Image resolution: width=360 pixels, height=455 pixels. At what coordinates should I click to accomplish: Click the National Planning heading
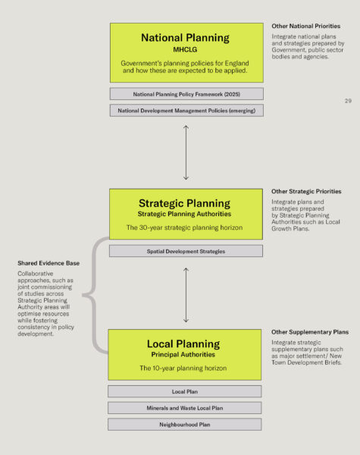(x=185, y=38)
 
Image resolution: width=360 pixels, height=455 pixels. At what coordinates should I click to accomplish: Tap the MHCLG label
(x=185, y=49)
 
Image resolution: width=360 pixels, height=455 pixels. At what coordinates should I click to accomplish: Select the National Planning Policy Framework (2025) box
(x=186, y=94)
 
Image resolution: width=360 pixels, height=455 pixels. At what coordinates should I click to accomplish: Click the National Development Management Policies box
(x=186, y=111)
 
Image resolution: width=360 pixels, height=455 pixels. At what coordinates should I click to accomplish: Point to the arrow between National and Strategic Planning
(x=186, y=152)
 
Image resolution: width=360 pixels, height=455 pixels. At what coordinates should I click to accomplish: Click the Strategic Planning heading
(x=184, y=203)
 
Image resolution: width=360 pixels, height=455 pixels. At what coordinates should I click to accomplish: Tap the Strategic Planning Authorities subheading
(x=184, y=214)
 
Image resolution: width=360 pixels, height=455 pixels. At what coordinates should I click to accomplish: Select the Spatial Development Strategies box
(x=186, y=251)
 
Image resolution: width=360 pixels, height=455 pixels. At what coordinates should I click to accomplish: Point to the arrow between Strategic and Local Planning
(x=186, y=295)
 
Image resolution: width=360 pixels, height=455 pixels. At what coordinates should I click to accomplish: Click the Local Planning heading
(x=183, y=344)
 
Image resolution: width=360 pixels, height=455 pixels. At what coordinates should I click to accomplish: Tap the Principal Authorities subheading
(x=183, y=355)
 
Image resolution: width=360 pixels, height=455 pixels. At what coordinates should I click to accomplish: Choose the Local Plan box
(x=184, y=391)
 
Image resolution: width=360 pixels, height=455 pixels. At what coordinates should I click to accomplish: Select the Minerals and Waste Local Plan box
(x=184, y=408)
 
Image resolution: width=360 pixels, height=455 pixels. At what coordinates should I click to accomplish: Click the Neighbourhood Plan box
(x=184, y=425)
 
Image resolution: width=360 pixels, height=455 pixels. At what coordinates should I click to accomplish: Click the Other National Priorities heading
(x=306, y=26)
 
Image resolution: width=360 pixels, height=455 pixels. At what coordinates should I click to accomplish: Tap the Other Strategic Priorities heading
(x=306, y=192)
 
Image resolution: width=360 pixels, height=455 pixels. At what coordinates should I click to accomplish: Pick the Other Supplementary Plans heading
(x=310, y=332)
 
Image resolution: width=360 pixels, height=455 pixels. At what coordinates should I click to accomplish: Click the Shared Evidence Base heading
(x=49, y=263)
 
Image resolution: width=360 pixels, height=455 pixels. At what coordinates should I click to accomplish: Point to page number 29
(x=348, y=101)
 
